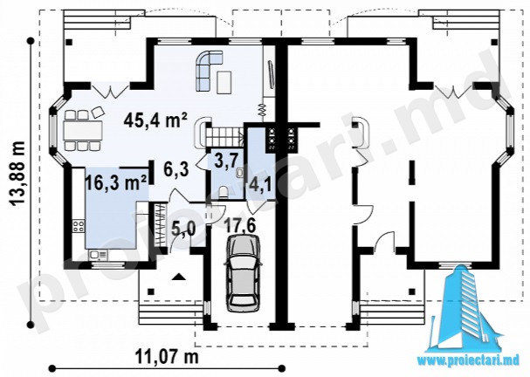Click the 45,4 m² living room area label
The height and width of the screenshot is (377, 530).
(155, 120)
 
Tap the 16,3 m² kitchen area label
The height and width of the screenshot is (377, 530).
(116, 183)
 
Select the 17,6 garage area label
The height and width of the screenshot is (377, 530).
(240, 225)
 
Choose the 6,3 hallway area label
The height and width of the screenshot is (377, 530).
(176, 168)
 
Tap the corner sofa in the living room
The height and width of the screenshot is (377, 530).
(209, 71)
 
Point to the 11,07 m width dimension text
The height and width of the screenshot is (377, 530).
(167, 356)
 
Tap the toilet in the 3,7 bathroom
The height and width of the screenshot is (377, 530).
(224, 193)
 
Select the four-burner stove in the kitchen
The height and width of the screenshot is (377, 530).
(79, 226)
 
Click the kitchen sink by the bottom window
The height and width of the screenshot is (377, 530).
(98, 255)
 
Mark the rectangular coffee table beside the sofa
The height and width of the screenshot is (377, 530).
(224, 82)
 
